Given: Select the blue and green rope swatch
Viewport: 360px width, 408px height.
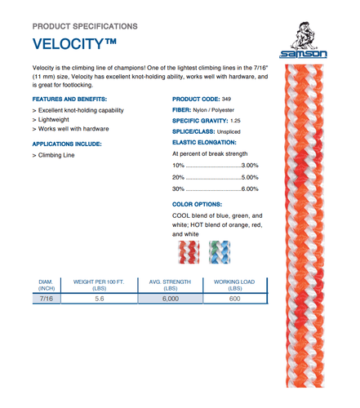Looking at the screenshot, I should pyautogui.click(x=218, y=251).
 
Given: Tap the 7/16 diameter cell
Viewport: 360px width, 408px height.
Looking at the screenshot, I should pyautogui.click(x=46, y=299).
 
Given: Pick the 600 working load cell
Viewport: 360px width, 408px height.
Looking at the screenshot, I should pyautogui.click(x=235, y=299).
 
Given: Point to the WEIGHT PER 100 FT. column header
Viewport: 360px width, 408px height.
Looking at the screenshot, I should pyautogui.click(x=100, y=283).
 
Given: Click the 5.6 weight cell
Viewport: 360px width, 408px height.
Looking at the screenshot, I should pyautogui.click(x=100, y=299).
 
